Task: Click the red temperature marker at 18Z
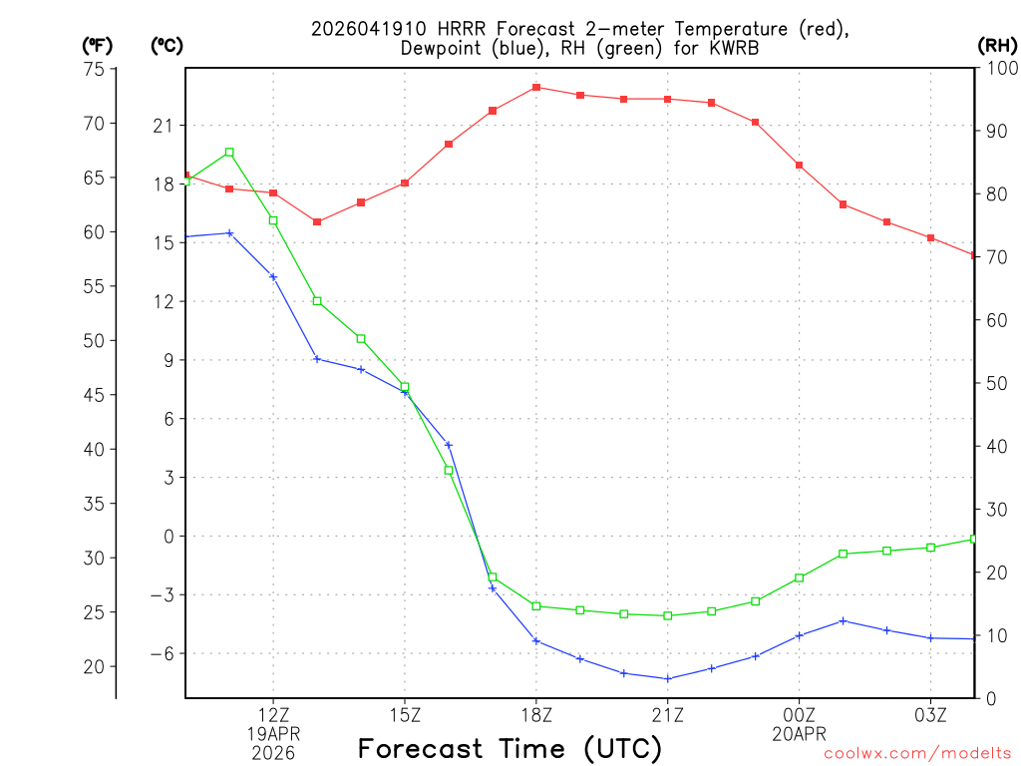pyautogui.click(x=536, y=88)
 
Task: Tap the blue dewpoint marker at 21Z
pyautogui.click(x=668, y=679)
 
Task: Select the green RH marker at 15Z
pyautogui.click(x=405, y=387)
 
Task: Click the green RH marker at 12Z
pyautogui.click(x=273, y=220)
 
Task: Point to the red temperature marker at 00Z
pyautogui.click(x=800, y=165)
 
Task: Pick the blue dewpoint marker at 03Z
pyautogui.click(x=931, y=637)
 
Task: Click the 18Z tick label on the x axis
pyautogui.click(x=536, y=714)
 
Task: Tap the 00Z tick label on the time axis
pyautogui.click(x=800, y=714)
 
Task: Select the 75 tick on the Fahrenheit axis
pyautogui.click(x=95, y=69)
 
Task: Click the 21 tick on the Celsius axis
pyautogui.click(x=163, y=126)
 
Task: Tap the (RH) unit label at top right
pyautogui.click(x=997, y=45)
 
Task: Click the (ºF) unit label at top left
pyautogui.click(x=98, y=45)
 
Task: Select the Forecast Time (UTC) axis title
pyautogui.click(x=510, y=748)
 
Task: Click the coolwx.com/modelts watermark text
pyautogui.click(x=917, y=753)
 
